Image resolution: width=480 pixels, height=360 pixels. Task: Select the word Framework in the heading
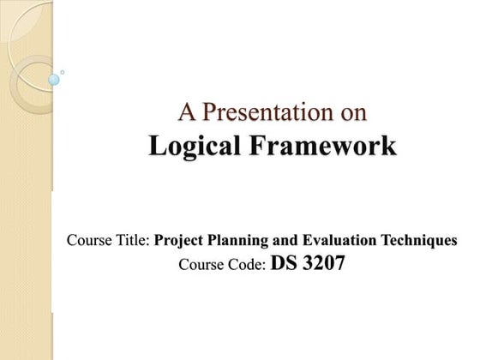click(324, 146)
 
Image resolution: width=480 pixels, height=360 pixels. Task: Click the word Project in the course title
click(183, 240)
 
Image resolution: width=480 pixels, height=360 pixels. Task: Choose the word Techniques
click(421, 240)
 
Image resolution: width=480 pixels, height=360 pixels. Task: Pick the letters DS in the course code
click(282, 263)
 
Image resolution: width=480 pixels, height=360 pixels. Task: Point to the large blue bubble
click(54, 80)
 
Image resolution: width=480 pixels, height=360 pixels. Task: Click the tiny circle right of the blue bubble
click(63, 72)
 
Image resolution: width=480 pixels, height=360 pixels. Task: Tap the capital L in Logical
click(156, 146)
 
